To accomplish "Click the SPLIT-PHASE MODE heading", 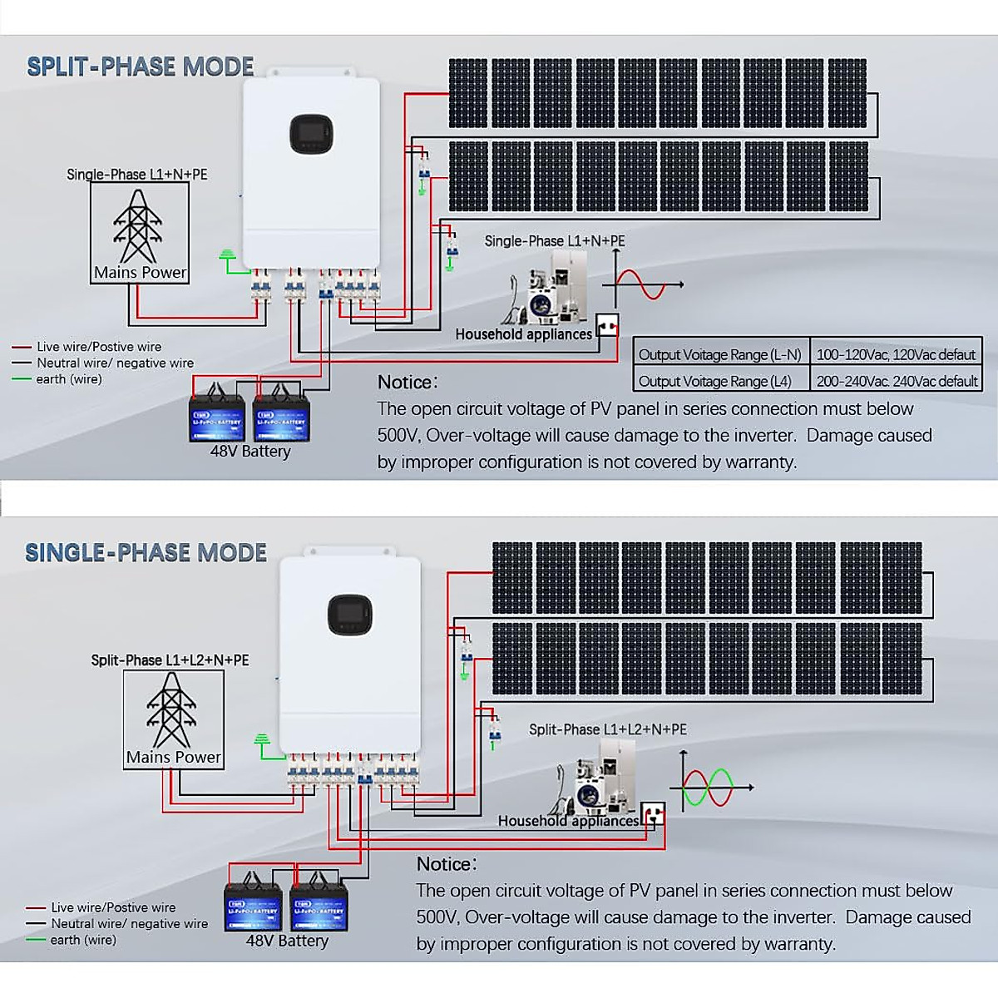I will [140, 67].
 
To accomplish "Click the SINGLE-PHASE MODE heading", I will [146, 553].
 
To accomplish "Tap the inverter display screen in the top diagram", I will [311, 134].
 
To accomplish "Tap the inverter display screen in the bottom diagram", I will [349, 615].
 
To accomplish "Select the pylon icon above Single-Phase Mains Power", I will [137, 225].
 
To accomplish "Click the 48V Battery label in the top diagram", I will [250, 452].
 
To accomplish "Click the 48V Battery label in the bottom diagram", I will [287, 941].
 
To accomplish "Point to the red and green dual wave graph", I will [709, 787].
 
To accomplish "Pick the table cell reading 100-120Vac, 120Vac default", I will [895, 354].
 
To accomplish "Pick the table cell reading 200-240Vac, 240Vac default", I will [897, 381].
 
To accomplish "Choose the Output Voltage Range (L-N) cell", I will [719, 354].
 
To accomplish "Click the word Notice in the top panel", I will [407, 383].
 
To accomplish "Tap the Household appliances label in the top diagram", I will [523, 334].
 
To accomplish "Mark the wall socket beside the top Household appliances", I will [607, 324].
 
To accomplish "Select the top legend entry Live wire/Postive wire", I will [98, 347].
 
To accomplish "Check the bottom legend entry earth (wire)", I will [82, 940].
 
